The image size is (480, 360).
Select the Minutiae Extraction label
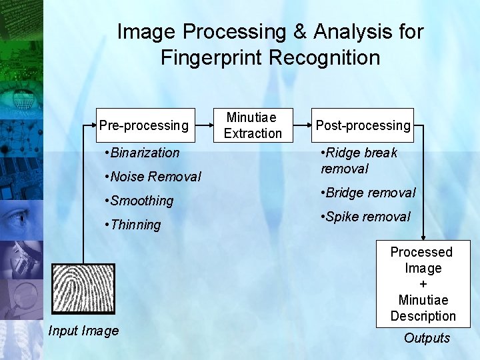pyautogui.click(x=253, y=125)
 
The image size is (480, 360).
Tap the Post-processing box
pyautogui.click(x=363, y=125)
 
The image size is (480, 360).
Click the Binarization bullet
pyautogui.click(x=143, y=153)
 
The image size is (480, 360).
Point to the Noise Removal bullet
pyautogui.click(x=153, y=177)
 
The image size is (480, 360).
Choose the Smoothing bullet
pyautogui.click(x=139, y=201)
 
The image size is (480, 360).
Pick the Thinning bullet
pyautogui.click(x=133, y=225)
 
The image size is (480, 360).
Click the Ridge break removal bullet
pyautogui.click(x=359, y=161)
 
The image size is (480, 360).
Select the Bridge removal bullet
pyautogui.click(x=368, y=193)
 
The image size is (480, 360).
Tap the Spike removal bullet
pyautogui.click(x=365, y=217)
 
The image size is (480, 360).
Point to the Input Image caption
pyautogui.click(x=83, y=331)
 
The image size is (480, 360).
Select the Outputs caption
pyautogui.click(x=427, y=338)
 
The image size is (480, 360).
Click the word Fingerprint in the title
pyautogui.click(x=212, y=57)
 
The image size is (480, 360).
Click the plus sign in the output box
pyautogui.click(x=423, y=284)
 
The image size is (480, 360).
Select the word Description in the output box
pyautogui.click(x=423, y=316)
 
